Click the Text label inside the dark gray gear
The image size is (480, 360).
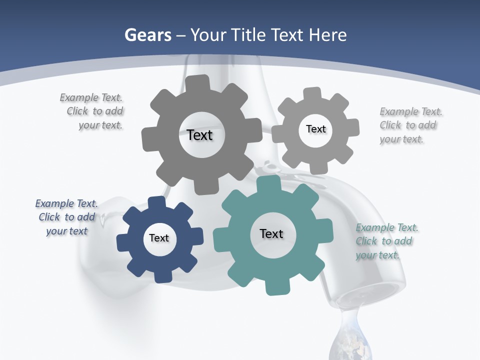[x=199, y=135]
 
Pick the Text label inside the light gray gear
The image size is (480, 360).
[x=315, y=129]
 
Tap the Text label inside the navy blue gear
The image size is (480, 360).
[x=159, y=238]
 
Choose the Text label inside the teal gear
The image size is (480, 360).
[x=271, y=233]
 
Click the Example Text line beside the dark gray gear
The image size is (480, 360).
[x=91, y=97]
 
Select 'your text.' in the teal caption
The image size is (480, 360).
[x=377, y=255]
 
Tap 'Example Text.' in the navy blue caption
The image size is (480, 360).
[x=66, y=203]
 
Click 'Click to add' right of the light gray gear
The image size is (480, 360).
[x=407, y=125]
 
